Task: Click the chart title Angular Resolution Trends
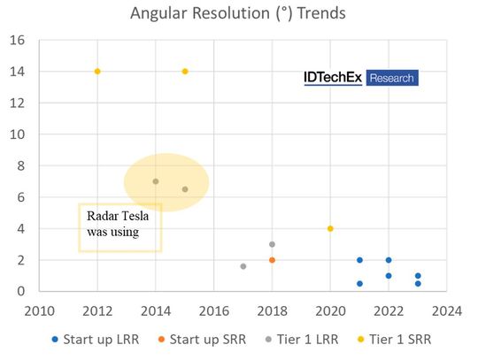coord(239,13)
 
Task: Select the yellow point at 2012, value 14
coord(97,71)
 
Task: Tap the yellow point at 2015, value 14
coord(185,71)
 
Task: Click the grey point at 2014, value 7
coord(156,181)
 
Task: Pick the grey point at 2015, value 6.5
coord(185,189)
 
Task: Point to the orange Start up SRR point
coord(272,260)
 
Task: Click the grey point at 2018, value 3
coord(272,244)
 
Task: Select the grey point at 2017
coord(243,266)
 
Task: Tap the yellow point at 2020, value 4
coord(330,228)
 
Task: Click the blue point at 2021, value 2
coord(359,260)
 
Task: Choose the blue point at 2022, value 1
coord(389,276)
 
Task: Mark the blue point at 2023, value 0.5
coord(418,283)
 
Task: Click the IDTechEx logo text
coord(333,79)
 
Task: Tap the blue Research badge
coord(391,79)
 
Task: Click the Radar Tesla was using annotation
coord(119,224)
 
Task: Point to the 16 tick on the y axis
coord(19,40)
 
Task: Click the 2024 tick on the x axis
coord(446,310)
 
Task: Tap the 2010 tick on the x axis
coord(39,310)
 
